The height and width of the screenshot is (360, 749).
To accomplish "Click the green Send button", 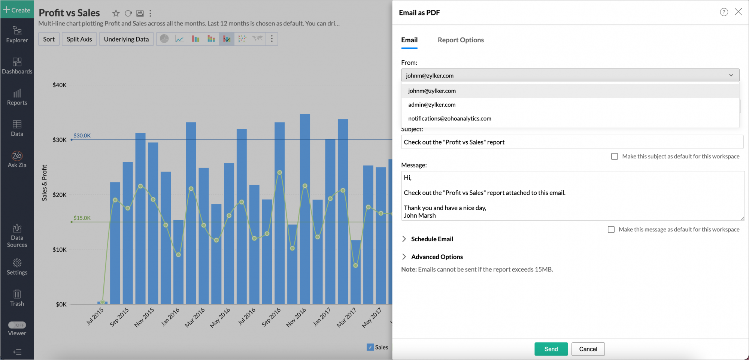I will (551, 349).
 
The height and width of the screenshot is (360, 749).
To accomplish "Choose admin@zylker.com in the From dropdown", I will (432, 105).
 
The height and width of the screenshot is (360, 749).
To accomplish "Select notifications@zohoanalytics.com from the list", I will (449, 118).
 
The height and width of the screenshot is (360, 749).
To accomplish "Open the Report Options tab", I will (461, 40).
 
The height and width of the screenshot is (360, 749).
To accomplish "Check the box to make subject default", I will (615, 156).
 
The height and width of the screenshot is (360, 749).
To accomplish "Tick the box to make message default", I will (611, 229).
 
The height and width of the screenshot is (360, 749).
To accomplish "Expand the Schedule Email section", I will (432, 239).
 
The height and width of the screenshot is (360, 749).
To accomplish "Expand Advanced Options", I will (437, 257).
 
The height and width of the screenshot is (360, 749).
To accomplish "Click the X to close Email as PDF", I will (738, 12).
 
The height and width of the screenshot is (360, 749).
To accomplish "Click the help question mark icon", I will (724, 12).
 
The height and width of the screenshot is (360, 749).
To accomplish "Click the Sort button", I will (49, 39).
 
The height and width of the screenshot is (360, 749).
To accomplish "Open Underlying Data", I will (126, 39).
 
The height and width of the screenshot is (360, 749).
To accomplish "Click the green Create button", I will (17, 10).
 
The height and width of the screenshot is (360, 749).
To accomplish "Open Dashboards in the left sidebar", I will (17, 66).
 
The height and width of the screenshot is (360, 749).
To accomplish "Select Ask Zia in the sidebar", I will (17, 159).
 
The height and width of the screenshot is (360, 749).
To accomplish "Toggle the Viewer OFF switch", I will (17, 325).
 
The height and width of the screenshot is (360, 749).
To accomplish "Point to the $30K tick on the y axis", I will (60, 140).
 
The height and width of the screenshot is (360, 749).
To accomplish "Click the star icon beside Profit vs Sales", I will (116, 13).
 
